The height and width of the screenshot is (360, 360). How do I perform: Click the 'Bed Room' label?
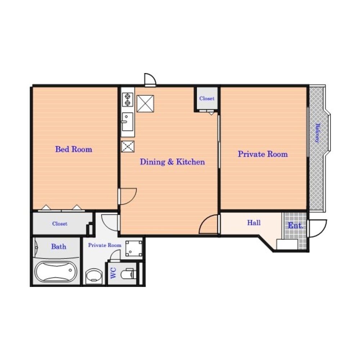coord(73,149)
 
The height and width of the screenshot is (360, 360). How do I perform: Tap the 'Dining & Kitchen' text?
coord(172,162)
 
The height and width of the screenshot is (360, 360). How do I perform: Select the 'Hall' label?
coord(254,222)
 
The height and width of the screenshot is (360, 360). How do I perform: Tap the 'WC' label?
coord(113,273)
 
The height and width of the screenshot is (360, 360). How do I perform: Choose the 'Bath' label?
coord(59,247)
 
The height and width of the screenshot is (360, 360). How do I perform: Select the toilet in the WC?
coord(127,274)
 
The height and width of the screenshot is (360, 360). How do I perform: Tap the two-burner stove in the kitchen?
coord(127,100)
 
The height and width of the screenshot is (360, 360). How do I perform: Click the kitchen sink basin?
coord(127,122)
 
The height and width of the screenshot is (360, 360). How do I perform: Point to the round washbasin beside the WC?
coord(94,276)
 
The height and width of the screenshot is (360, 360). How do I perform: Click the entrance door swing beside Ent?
coord(318,228)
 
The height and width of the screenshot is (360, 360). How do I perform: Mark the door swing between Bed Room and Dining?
coord(128,196)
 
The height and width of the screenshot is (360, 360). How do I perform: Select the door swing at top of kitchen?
coord(150,80)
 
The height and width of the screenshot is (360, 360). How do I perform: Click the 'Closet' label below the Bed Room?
coord(60,224)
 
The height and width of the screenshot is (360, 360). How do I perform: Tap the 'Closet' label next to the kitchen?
coord(207,98)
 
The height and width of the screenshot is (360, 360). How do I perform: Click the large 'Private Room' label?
coord(263,154)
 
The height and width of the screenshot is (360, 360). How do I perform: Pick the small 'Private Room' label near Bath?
coord(105,245)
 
